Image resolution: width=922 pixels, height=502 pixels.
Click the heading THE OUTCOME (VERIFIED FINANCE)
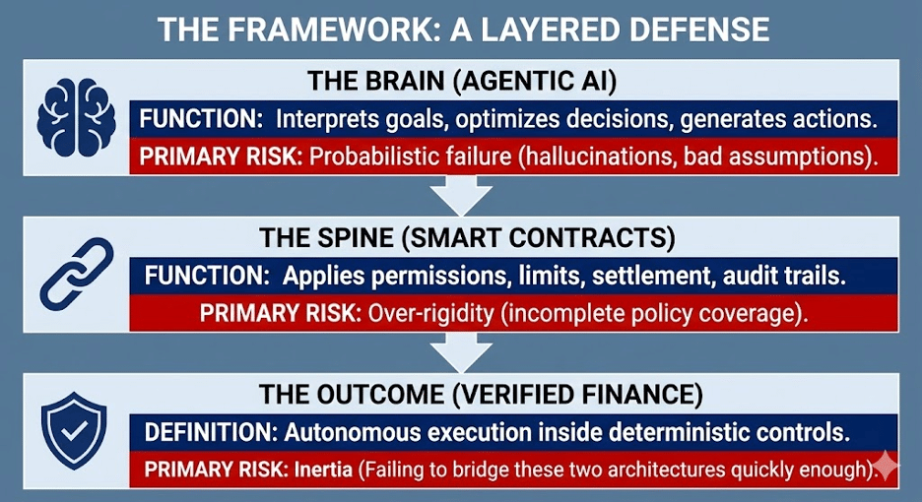pos(480,394)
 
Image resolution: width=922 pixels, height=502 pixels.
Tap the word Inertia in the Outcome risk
pos(324,469)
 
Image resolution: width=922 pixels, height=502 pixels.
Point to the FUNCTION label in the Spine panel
pos(207,276)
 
